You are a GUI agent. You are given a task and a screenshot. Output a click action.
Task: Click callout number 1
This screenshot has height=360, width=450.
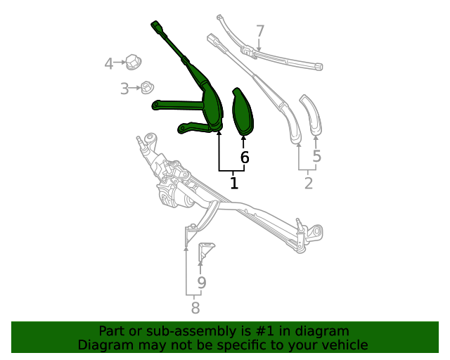[234, 184]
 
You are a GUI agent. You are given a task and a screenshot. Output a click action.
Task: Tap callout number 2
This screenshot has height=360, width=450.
[308, 184]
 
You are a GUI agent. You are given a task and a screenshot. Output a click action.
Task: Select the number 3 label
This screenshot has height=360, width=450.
[124, 89]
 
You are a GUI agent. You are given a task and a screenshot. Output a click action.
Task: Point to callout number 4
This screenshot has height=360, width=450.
[108, 65]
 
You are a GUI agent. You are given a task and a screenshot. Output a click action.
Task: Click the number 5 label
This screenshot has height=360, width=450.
[316, 156]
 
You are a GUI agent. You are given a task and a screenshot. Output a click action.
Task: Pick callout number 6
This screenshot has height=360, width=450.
[245, 157]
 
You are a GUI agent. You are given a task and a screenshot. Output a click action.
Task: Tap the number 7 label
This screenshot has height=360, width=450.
[260, 32]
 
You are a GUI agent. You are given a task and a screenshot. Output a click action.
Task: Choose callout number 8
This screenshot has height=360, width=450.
[195, 307]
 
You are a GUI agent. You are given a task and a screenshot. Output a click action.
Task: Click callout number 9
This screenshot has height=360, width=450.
[201, 283]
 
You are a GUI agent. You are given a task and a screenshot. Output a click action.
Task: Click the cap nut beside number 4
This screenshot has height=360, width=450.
[131, 61]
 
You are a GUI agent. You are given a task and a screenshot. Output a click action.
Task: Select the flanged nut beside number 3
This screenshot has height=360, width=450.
[146, 88]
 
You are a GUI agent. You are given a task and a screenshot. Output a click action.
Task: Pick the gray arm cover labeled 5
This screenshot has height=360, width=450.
[311, 114]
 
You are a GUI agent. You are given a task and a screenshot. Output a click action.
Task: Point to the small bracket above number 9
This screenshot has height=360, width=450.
[206, 250]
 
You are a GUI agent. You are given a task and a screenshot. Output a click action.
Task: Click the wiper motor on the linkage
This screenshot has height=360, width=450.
[175, 193]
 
